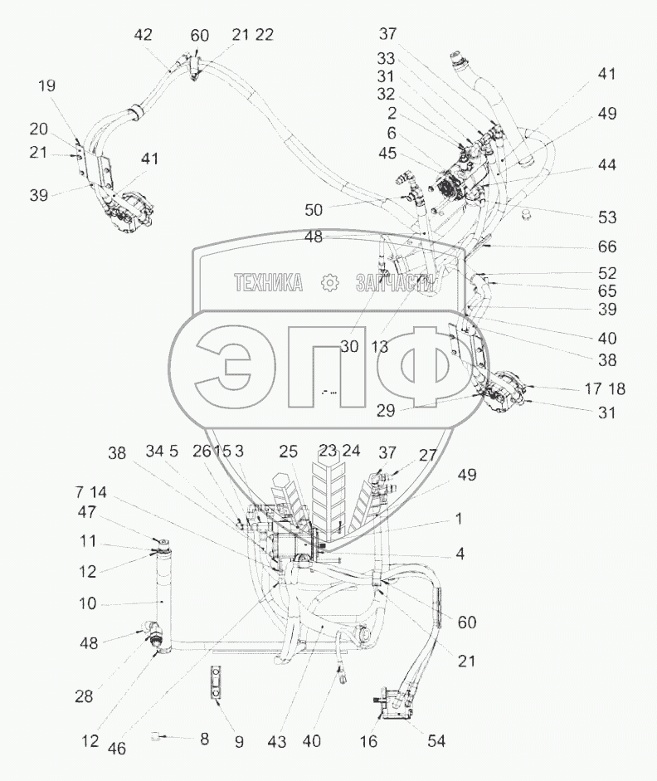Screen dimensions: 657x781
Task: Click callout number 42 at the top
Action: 143,35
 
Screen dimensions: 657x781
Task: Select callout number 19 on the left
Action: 46,85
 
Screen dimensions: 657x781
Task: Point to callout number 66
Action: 607,247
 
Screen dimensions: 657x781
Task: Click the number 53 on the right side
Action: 607,217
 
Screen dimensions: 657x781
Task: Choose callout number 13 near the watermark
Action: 380,347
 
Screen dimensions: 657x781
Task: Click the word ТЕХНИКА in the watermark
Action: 267,283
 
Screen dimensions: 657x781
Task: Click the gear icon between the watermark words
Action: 331,283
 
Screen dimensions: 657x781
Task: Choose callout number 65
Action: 607,291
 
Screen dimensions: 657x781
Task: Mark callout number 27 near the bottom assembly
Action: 426,454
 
